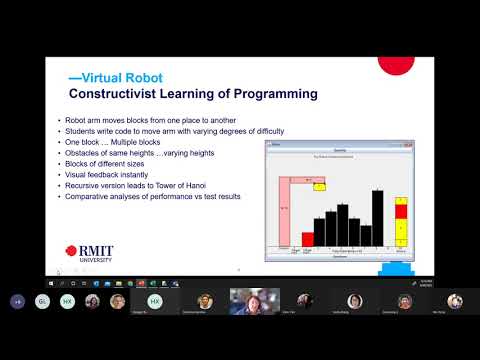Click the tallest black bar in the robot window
(x=377, y=217)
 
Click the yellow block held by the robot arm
(x=320, y=186)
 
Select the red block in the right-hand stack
(x=402, y=210)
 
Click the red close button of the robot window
(x=410, y=144)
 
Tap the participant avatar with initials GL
(x=42, y=301)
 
